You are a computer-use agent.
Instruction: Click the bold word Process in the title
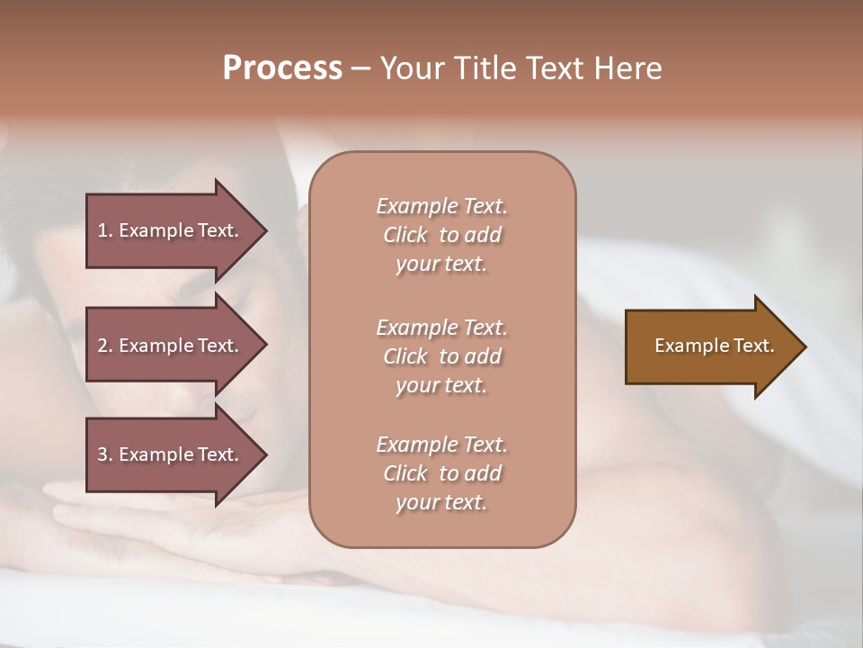pyautogui.click(x=282, y=68)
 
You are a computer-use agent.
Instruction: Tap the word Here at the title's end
pyautogui.click(x=628, y=68)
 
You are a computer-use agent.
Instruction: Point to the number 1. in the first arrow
pyautogui.click(x=105, y=230)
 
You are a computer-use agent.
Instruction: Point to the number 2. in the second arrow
pyautogui.click(x=105, y=346)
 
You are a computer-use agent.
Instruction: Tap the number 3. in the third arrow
pyautogui.click(x=105, y=454)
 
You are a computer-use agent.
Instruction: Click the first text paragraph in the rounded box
pyautogui.click(x=441, y=235)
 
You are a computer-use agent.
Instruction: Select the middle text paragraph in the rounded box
pyautogui.click(x=441, y=355)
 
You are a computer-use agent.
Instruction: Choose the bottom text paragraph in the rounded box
pyautogui.click(x=441, y=473)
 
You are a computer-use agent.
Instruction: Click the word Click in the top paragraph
pyautogui.click(x=405, y=235)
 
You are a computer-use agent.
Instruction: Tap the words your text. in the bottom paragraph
pyautogui.click(x=441, y=502)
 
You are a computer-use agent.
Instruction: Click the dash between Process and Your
pyautogui.click(x=361, y=68)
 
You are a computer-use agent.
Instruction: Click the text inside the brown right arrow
pyautogui.click(x=715, y=346)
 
